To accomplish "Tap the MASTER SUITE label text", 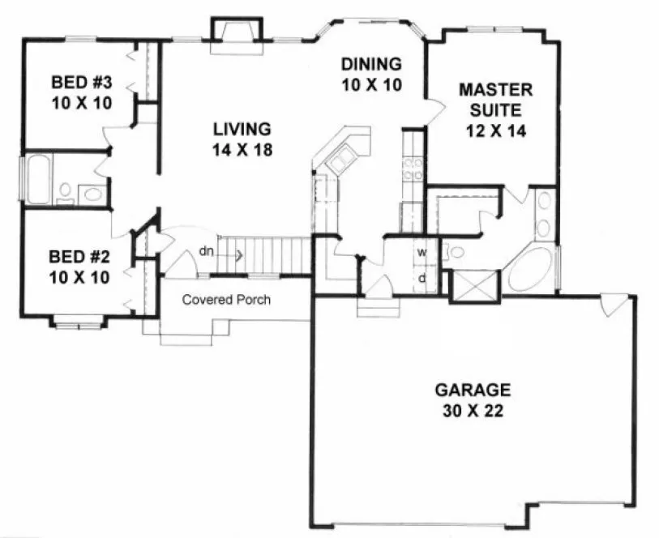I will click(x=490, y=98).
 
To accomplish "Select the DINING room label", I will click(x=371, y=64).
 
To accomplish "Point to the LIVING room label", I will click(x=242, y=129).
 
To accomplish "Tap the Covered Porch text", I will click(x=226, y=300).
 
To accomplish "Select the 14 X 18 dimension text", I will click(x=242, y=149).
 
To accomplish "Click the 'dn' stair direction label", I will click(x=208, y=251).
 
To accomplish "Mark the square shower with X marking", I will click(x=469, y=285).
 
